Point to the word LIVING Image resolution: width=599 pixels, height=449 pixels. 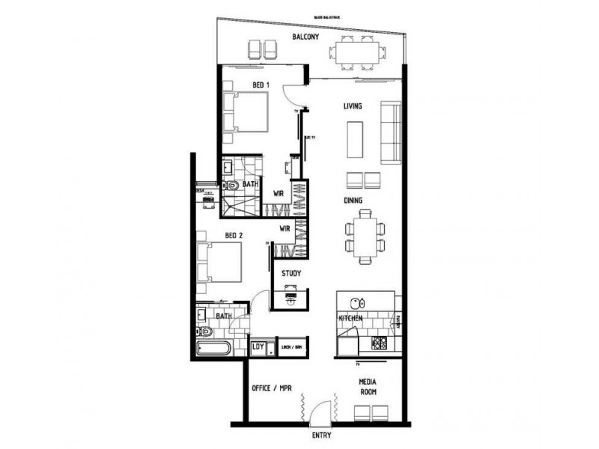(x=353, y=106)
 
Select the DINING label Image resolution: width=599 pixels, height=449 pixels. (x=354, y=200)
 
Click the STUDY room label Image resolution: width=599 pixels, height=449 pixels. (x=291, y=274)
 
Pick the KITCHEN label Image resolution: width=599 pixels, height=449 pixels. (x=350, y=319)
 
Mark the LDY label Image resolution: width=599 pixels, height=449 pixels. (x=258, y=346)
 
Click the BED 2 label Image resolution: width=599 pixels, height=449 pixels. (x=234, y=236)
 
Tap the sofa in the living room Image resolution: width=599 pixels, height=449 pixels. (x=390, y=132)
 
